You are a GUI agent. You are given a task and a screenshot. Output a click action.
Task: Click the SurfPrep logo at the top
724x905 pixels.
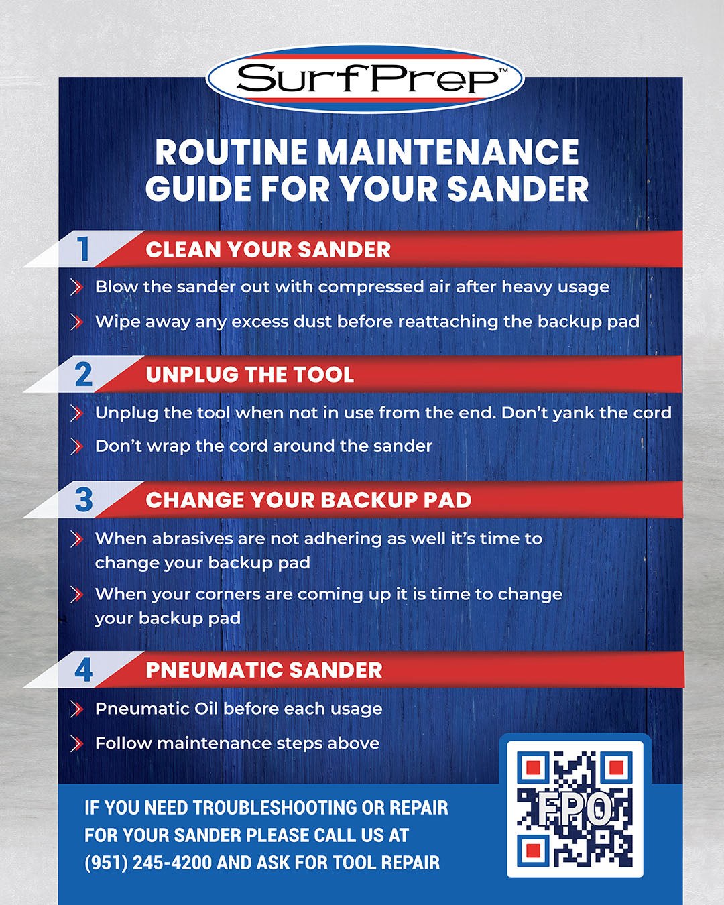point(365,79)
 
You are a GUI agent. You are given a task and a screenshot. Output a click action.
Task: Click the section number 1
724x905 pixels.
point(83,249)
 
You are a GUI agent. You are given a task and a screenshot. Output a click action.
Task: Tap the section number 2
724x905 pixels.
point(83,375)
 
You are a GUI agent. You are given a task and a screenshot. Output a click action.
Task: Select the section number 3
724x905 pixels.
point(84,500)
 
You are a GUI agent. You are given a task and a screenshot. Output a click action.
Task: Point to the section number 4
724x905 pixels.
point(84,670)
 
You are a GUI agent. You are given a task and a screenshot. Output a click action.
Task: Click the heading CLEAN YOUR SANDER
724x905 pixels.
point(268,250)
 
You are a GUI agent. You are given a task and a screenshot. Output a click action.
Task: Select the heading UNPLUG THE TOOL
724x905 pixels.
point(249,375)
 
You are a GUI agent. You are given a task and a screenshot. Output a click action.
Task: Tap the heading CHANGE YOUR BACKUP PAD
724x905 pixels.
point(308,500)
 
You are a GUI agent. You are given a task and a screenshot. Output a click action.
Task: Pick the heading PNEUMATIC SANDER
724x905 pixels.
point(264,670)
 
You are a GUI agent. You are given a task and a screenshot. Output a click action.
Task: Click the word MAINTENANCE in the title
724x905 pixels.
point(448,152)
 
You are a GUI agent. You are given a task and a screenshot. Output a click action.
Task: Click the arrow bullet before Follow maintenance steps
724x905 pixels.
point(76,743)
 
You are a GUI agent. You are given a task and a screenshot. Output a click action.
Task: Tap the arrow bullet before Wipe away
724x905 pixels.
point(76,322)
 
